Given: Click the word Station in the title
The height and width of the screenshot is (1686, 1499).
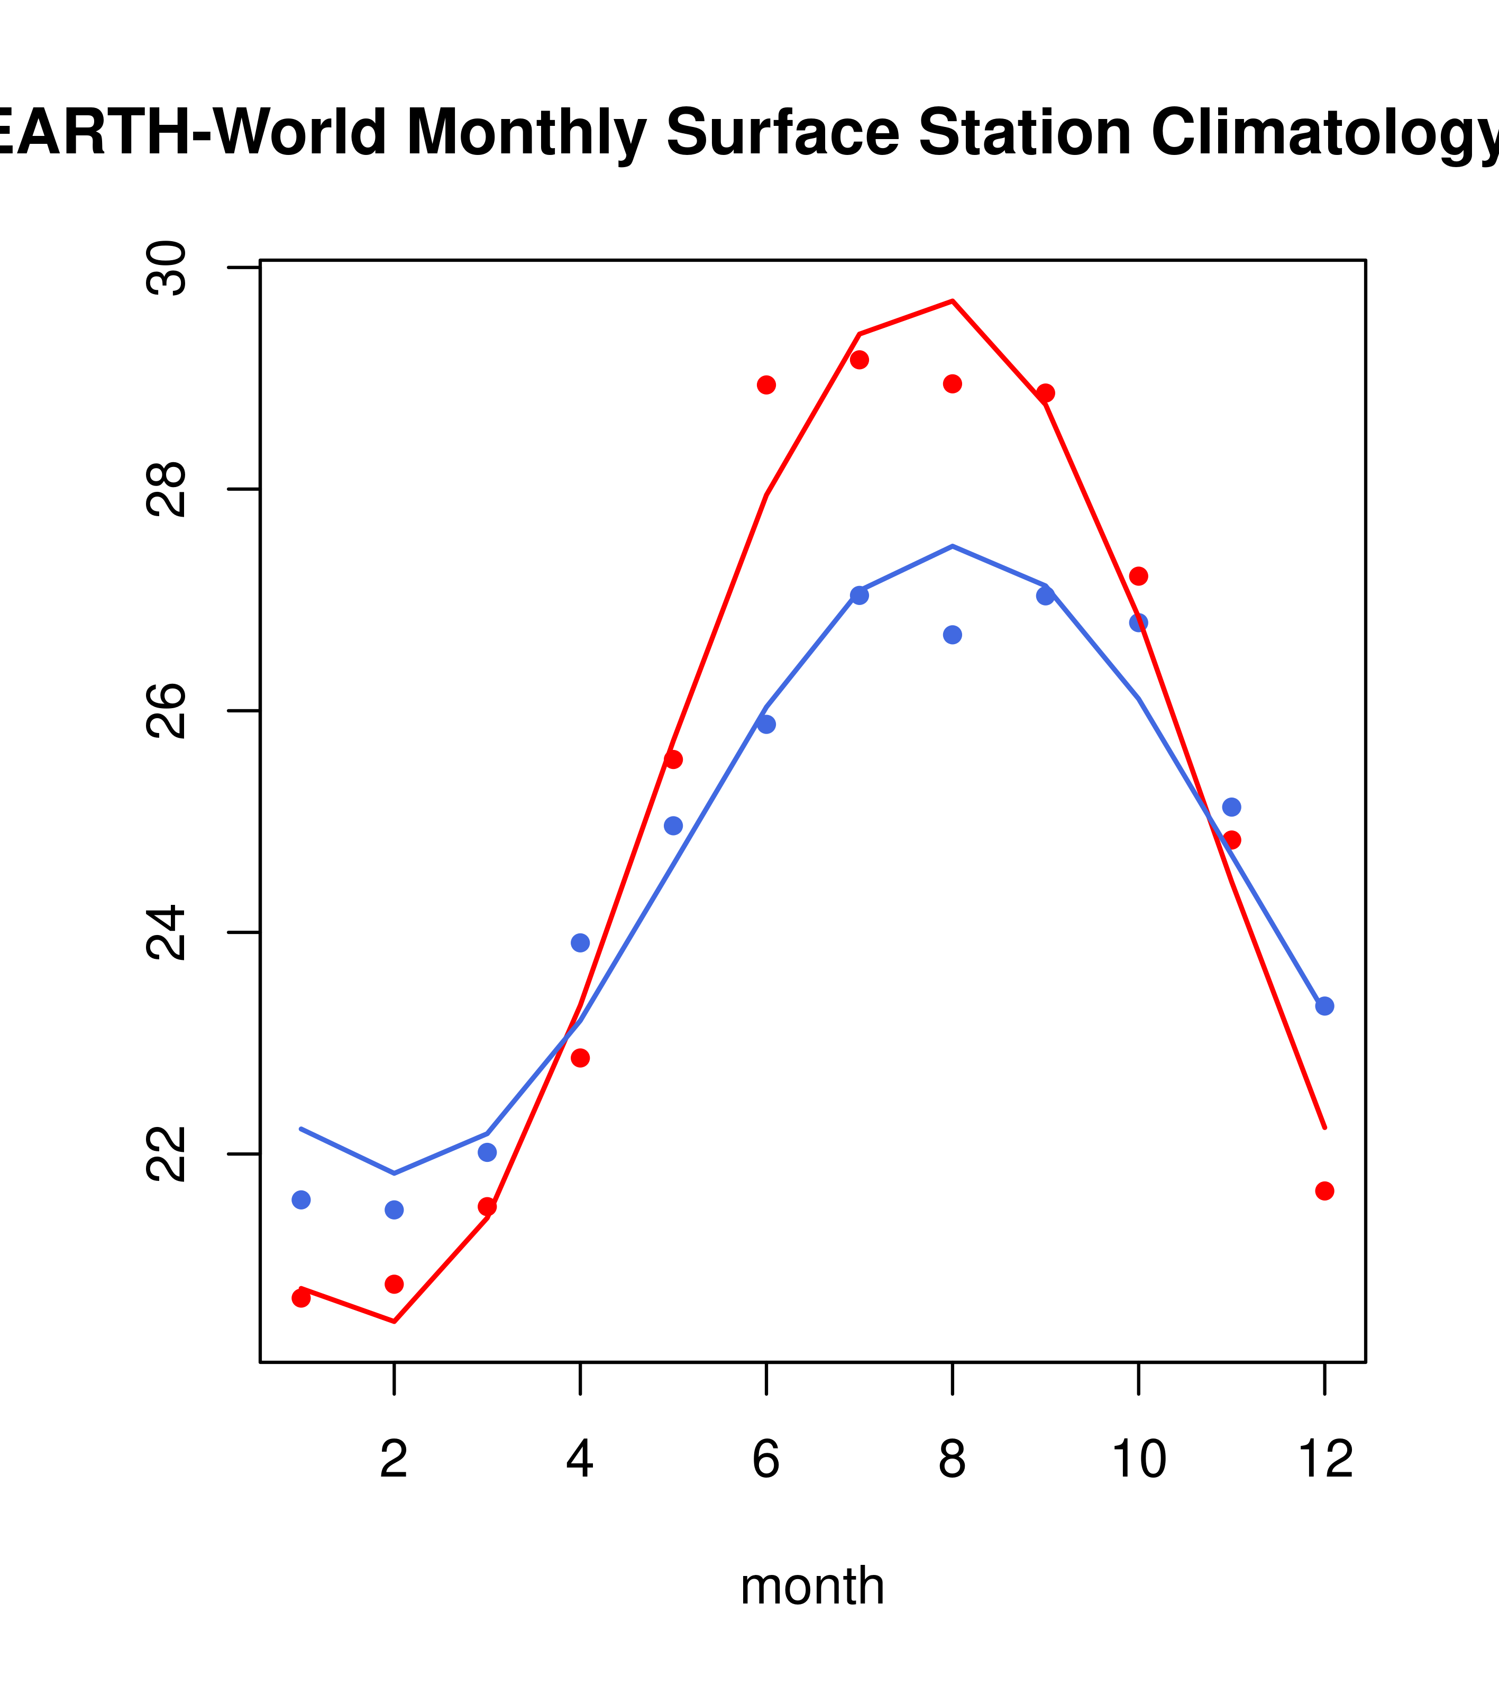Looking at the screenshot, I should pyautogui.click(x=1025, y=133).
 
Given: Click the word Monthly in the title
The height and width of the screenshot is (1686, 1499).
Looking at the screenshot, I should pyautogui.click(x=526, y=133).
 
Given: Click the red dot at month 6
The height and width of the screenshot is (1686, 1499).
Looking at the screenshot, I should pyautogui.click(x=766, y=385).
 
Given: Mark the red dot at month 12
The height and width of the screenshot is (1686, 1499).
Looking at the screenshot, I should pyautogui.click(x=1325, y=1191).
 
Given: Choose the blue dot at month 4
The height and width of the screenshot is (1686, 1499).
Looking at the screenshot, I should pyautogui.click(x=580, y=943).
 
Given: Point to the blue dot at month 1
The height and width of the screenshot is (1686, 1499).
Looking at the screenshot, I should pyautogui.click(x=301, y=1199).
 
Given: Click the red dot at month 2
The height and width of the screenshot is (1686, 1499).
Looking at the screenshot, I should pyautogui.click(x=395, y=1284).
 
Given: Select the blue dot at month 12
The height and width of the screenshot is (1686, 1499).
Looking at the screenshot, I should pyautogui.click(x=1325, y=1006).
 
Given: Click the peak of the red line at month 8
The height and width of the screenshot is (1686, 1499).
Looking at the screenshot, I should pyautogui.click(x=952, y=301).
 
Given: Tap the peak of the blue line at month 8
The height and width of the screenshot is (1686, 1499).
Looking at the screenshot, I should pyautogui.click(x=952, y=546).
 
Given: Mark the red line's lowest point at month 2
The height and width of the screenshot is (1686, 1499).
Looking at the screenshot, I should pyautogui.click(x=395, y=1322).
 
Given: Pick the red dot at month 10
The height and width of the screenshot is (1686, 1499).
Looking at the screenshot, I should pyautogui.click(x=1138, y=576).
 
